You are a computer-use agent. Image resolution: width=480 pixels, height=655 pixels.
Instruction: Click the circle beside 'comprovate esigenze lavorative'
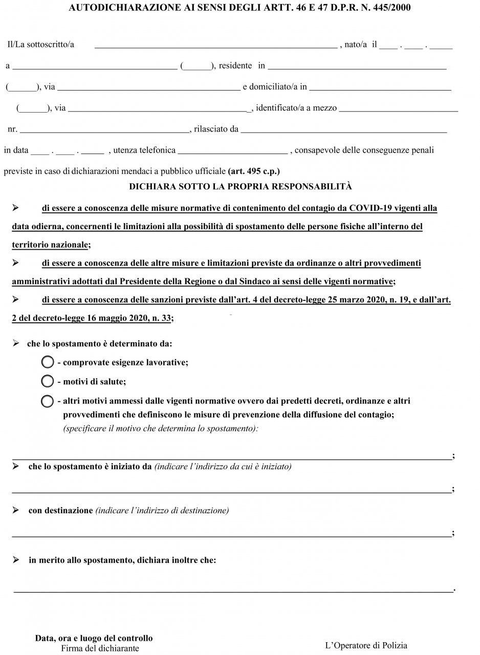click(x=47, y=362)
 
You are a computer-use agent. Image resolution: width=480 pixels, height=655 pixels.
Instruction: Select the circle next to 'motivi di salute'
click(x=47, y=381)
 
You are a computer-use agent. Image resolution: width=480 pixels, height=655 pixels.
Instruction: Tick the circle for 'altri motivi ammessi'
click(x=47, y=401)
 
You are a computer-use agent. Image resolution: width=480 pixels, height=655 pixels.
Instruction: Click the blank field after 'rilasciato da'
click(x=343, y=129)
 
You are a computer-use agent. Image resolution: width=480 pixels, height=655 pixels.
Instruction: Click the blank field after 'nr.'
click(x=104, y=129)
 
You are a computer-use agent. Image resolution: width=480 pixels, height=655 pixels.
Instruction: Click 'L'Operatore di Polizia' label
click(x=366, y=646)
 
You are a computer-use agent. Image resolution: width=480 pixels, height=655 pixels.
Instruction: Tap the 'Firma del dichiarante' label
click(x=100, y=648)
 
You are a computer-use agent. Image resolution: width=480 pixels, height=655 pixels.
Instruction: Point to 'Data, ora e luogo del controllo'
click(x=94, y=638)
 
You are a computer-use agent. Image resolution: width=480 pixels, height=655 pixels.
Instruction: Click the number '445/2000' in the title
click(x=390, y=8)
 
